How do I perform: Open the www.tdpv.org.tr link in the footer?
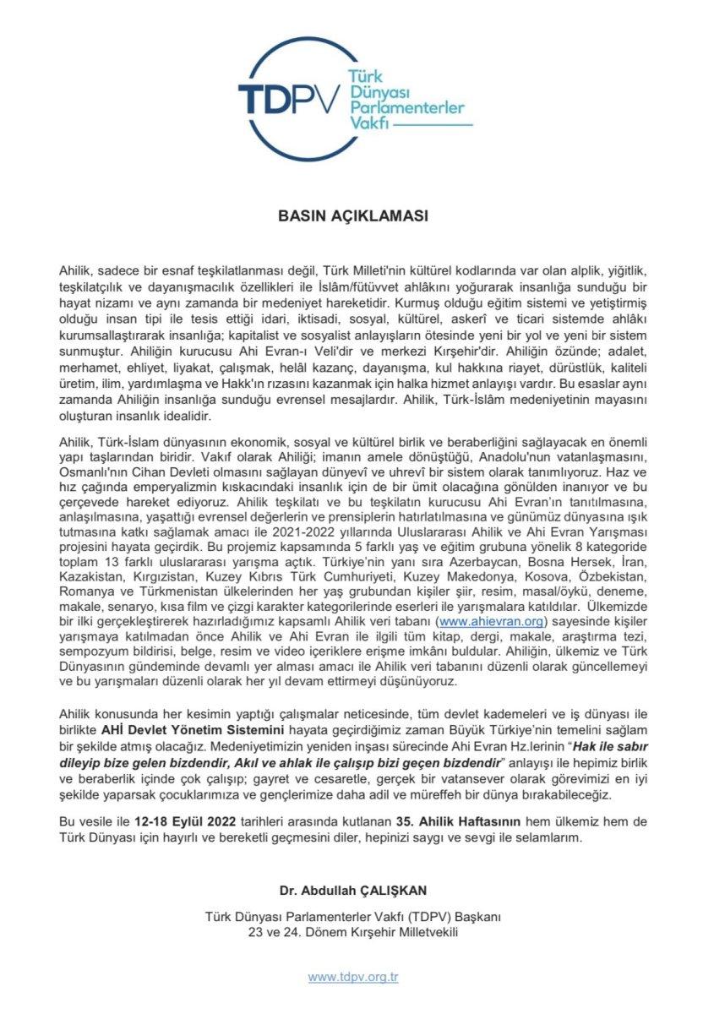coord(353,977)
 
